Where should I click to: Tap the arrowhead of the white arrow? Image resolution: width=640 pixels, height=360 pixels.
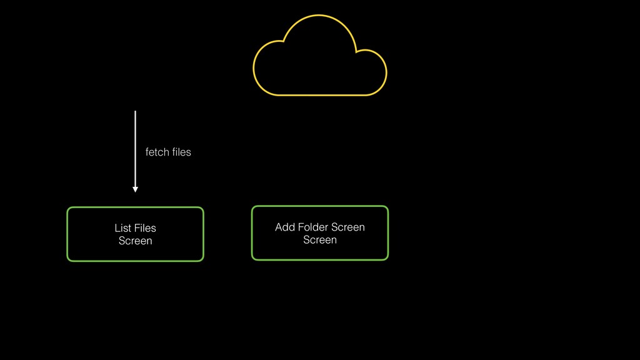(x=135, y=189)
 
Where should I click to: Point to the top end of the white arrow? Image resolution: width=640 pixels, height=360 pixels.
(x=135, y=112)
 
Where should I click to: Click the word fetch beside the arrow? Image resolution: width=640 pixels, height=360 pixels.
(x=156, y=152)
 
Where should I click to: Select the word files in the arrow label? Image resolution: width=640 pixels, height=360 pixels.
(x=181, y=152)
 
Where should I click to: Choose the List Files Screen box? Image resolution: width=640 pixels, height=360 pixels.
(x=135, y=234)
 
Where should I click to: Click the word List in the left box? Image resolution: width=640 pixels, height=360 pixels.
(x=122, y=228)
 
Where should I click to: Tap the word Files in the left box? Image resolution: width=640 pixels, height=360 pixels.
(x=145, y=228)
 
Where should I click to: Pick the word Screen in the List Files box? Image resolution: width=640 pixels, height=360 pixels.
(x=135, y=241)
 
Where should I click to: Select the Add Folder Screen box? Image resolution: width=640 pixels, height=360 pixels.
(x=319, y=233)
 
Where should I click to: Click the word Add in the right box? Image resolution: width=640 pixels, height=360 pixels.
(x=284, y=227)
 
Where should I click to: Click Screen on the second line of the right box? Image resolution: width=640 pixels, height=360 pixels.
(x=319, y=240)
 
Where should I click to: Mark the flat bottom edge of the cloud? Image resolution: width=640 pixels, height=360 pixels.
(x=319, y=95)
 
